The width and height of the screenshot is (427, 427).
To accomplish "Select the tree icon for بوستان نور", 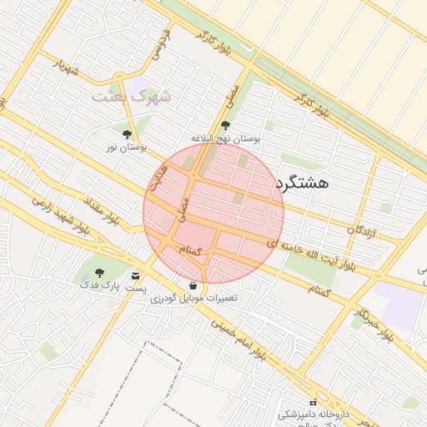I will pyautogui.click(x=127, y=133).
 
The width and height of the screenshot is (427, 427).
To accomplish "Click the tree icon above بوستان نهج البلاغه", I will pyautogui.click(x=225, y=125).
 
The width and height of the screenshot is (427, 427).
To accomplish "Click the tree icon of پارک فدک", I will pyautogui.click(x=100, y=272).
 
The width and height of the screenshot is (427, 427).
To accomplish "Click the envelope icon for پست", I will pyautogui.click(x=136, y=275).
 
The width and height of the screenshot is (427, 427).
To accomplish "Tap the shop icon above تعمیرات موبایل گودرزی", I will pyautogui.click(x=193, y=285).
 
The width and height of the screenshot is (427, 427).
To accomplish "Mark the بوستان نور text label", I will pyautogui.click(x=127, y=147).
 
